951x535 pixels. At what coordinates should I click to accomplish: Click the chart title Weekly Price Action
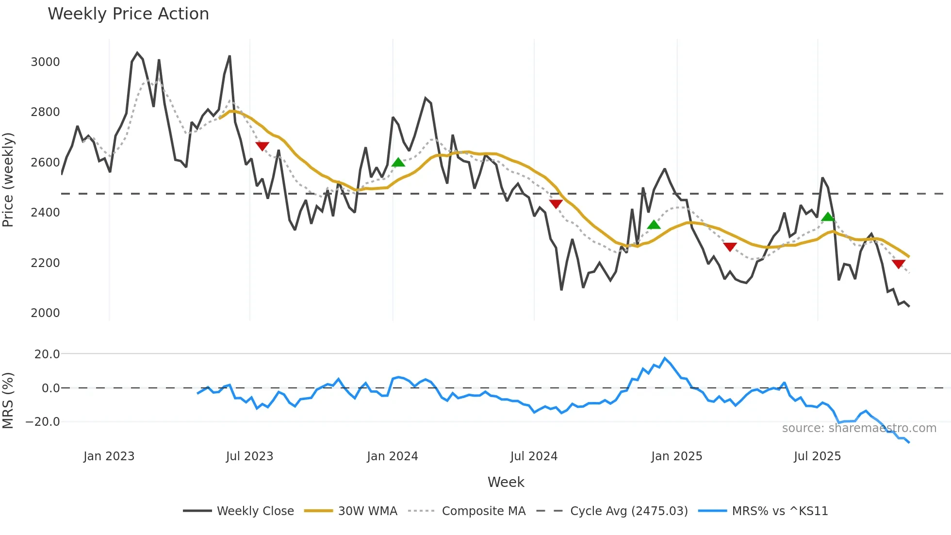pyautogui.click(x=128, y=14)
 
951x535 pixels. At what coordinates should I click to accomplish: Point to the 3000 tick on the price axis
pyautogui.click(x=45, y=62)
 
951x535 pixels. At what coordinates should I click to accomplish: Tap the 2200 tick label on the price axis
pyautogui.click(x=45, y=263)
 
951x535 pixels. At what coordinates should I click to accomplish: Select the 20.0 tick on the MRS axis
pyautogui.click(x=47, y=354)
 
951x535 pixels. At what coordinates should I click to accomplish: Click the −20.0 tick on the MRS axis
pyautogui.click(x=43, y=422)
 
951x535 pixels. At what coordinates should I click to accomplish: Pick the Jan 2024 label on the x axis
pyautogui.click(x=392, y=456)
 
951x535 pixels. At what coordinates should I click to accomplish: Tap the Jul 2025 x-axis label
pyautogui.click(x=817, y=456)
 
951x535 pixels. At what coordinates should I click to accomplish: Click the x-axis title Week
pyautogui.click(x=506, y=482)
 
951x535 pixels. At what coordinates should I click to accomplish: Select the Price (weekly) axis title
pyautogui.click(x=8, y=180)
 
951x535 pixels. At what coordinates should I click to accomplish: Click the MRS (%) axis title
pyautogui.click(x=8, y=401)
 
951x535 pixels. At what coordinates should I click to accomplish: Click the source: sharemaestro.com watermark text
pyautogui.click(x=859, y=428)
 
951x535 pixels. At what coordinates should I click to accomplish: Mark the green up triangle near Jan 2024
pyautogui.click(x=398, y=162)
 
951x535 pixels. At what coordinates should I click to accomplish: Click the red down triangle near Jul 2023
pyautogui.click(x=262, y=146)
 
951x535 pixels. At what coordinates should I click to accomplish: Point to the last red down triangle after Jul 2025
pyautogui.click(x=898, y=264)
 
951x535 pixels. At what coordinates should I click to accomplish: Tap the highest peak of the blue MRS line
pyautogui.click(x=665, y=358)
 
